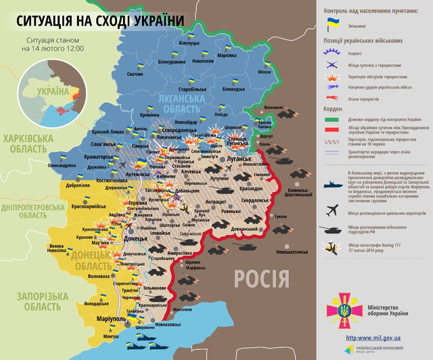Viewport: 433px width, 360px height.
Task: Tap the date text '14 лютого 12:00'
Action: pos(62,49)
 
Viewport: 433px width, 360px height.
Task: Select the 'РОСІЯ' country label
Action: pos(261,277)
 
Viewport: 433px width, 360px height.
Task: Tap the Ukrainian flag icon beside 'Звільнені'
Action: pos(333,25)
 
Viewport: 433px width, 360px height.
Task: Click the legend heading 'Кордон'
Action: pos(332,108)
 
